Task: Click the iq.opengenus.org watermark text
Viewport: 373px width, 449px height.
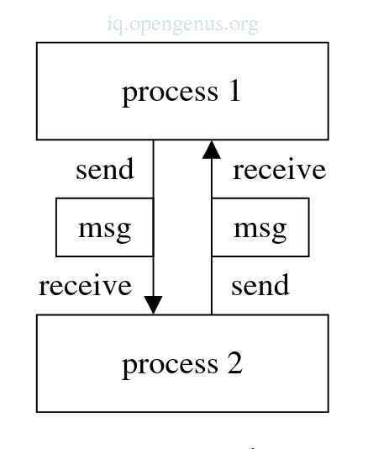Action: (183, 25)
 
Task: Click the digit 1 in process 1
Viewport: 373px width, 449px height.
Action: (234, 91)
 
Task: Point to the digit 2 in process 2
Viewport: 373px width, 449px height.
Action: (235, 363)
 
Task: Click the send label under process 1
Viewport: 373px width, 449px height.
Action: (105, 169)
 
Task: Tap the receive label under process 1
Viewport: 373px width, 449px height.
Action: (280, 169)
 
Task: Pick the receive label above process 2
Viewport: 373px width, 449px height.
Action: (85, 285)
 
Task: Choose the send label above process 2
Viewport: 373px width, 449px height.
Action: (260, 285)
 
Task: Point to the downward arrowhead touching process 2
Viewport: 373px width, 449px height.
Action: (154, 305)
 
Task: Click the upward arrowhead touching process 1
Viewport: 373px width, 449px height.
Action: (212, 150)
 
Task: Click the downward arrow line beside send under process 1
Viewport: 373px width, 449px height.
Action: (154, 227)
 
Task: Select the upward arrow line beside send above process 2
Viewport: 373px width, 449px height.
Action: (212, 227)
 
